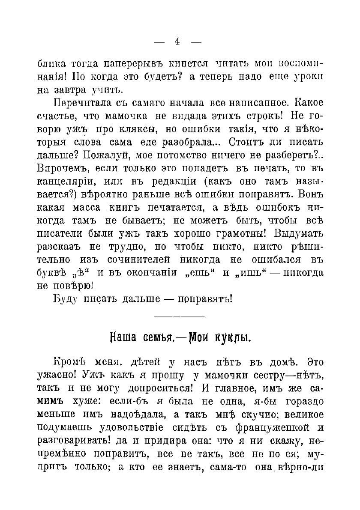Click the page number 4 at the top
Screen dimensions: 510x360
pos(177,42)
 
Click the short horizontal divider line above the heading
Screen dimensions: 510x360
pos(180,317)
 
